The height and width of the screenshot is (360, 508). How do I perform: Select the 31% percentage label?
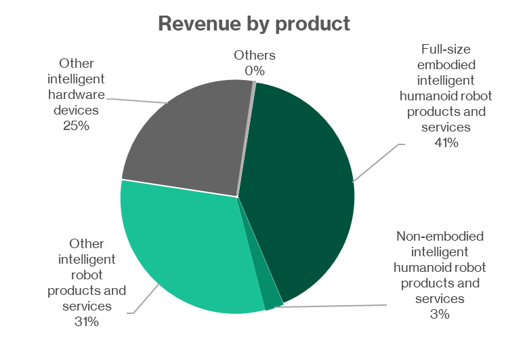point(87,321)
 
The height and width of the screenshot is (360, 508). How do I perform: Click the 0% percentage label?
point(255,71)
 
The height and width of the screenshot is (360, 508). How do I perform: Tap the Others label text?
point(255,56)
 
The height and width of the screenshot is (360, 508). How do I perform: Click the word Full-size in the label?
point(447,49)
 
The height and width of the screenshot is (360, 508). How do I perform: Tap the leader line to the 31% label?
point(146,298)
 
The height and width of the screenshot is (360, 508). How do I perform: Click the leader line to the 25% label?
point(135,100)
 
